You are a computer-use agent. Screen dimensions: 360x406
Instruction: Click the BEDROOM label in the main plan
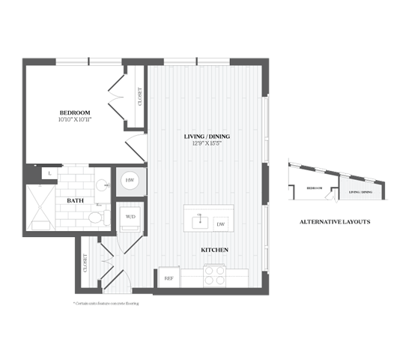[x=75, y=112]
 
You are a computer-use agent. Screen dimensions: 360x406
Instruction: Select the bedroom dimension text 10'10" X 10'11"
[x=75, y=119]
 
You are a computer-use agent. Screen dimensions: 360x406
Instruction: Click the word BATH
[x=75, y=200]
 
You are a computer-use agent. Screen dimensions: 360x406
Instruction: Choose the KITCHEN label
[x=214, y=249]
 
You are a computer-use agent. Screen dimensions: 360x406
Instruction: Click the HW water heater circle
[x=129, y=180]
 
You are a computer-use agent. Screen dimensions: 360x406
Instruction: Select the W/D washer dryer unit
[x=130, y=217]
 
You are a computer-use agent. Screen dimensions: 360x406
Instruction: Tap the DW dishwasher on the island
[x=220, y=223]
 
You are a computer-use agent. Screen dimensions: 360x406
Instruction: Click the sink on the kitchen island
[x=199, y=222]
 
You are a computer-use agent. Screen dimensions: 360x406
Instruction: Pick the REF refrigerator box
[x=169, y=278]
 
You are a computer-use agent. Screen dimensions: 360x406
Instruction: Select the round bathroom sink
[x=101, y=183]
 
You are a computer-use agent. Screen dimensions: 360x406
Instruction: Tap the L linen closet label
[x=49, y=173]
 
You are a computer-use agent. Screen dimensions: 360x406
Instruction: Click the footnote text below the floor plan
[x=106, y=304]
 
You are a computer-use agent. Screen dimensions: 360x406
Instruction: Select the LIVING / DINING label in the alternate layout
[x=360, y=192]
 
